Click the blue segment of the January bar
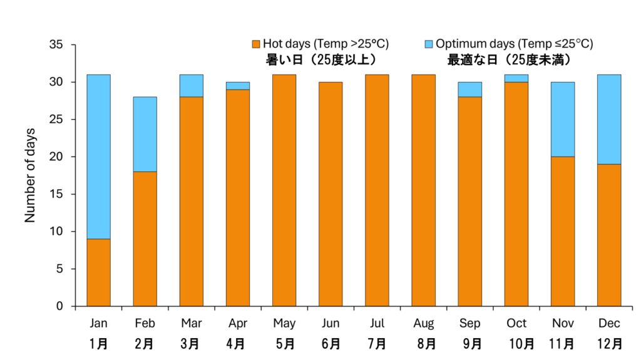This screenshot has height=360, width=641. pos(98,157)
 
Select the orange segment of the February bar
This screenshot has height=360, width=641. pos(145,239)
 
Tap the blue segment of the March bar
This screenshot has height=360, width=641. pos(192,86)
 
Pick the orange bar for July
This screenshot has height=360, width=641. pos(377,190)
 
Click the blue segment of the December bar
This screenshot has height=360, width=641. pos(609,119)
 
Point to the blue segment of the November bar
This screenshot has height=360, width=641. pos(563,119)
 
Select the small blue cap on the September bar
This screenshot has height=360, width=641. pos(469,90)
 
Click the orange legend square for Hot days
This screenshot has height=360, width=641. pos(255,44)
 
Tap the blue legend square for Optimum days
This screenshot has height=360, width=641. pos(429,44)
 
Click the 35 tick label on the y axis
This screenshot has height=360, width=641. pos(56,45)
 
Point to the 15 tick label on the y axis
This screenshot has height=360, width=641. pos(56,194)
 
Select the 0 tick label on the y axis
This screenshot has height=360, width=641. pos(60,306)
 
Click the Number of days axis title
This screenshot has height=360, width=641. pos(30,175)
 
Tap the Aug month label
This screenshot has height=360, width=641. pos(424,324)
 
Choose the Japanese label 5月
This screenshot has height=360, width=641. pos(284,343)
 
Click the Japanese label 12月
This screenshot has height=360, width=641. pos(609,343)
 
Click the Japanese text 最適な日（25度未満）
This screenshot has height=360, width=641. pos(511,59)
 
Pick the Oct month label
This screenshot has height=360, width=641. pos(516,324)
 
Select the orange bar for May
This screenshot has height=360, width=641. pos(284,190)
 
